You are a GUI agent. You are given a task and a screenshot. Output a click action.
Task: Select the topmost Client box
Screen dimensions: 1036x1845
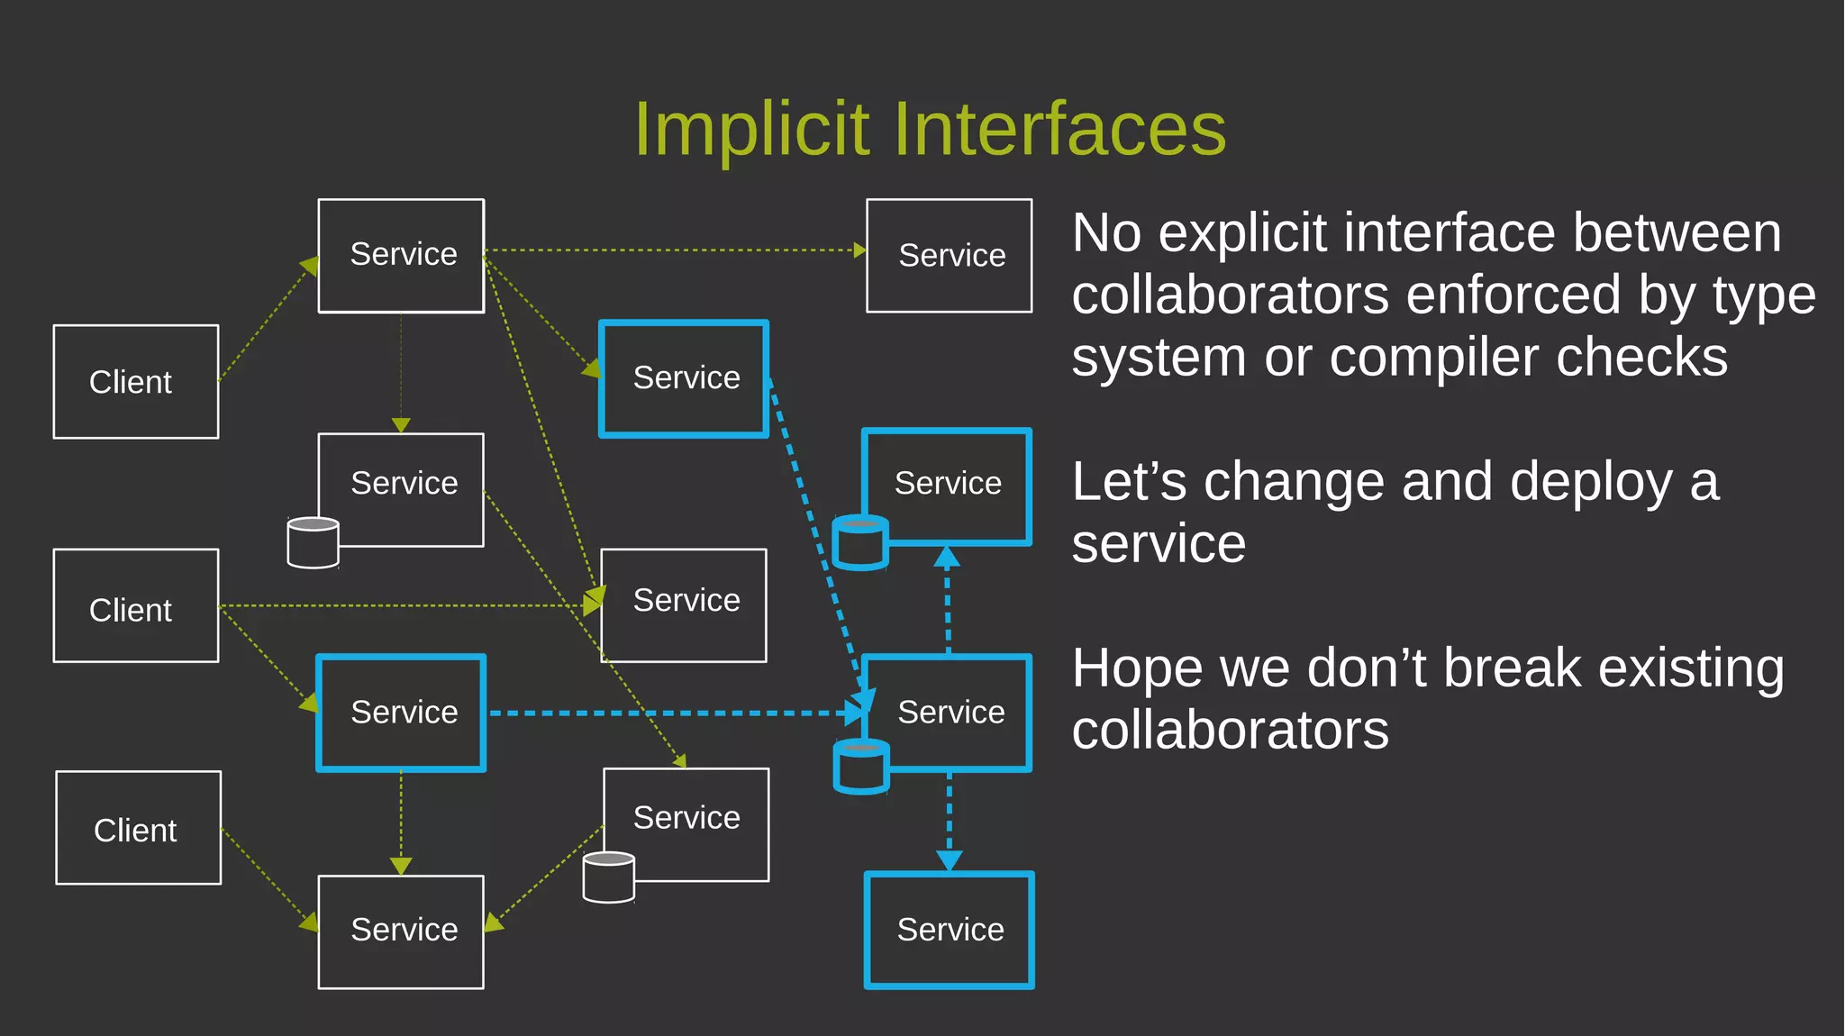[136, 382]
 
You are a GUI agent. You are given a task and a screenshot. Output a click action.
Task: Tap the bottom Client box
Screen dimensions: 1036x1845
[138, 828]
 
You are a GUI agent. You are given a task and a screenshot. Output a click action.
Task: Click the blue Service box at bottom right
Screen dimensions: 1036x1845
[950, 930]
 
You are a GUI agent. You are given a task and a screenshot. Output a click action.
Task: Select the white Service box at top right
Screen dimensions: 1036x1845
[950, 256]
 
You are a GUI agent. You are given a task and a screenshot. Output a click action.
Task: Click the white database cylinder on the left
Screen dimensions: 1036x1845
[313, 542]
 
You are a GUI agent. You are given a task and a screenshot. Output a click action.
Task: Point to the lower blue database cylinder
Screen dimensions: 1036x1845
[861, 767]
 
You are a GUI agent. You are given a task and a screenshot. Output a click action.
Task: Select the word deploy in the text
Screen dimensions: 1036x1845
[1590, 482]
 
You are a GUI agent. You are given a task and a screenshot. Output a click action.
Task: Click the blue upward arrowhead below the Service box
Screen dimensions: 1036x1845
[946, 556]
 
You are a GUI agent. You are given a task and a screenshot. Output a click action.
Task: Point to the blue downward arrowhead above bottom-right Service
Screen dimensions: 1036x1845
[950, 860]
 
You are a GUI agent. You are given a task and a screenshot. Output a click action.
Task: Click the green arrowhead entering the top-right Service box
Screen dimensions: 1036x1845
[859, 250]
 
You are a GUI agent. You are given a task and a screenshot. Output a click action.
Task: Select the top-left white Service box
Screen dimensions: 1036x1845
[401, 256]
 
